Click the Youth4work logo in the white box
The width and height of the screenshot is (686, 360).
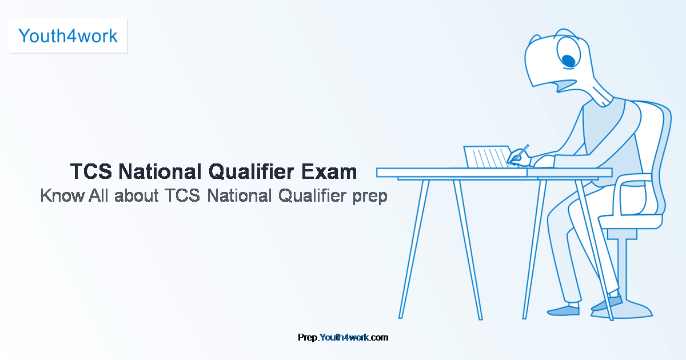68,36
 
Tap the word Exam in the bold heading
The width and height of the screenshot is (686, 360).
329,171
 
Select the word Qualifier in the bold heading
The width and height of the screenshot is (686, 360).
251,172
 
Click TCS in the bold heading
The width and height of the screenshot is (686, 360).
91,171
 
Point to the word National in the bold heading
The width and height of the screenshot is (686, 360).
160,171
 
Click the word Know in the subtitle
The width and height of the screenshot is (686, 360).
62,195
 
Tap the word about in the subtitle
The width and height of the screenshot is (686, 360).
136,195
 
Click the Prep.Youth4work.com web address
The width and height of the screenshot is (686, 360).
343,337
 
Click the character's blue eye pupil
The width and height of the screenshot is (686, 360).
569,61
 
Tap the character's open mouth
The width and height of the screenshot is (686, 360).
567,85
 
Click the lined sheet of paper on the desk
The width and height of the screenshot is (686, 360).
488,157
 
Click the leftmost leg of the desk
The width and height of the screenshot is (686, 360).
414,249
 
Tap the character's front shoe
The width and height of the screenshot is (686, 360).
563,311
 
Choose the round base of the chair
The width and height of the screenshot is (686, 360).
623,311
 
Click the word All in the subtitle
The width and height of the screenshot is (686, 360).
98,195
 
